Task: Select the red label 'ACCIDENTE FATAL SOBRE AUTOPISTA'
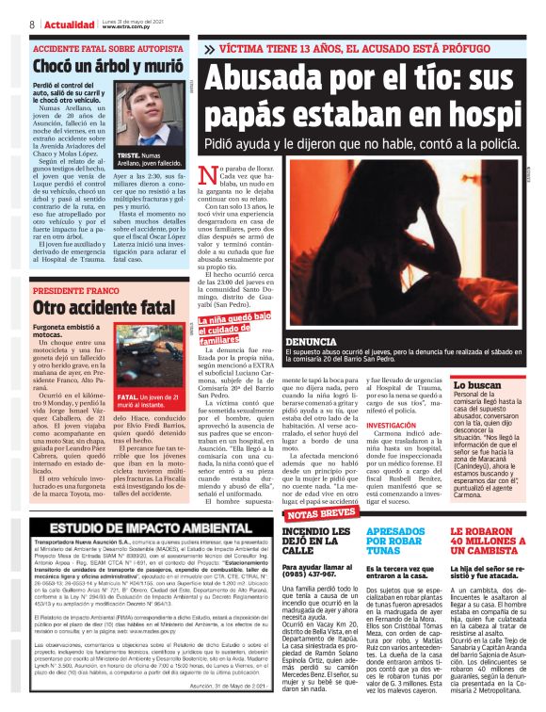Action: [x=94, y=46]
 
